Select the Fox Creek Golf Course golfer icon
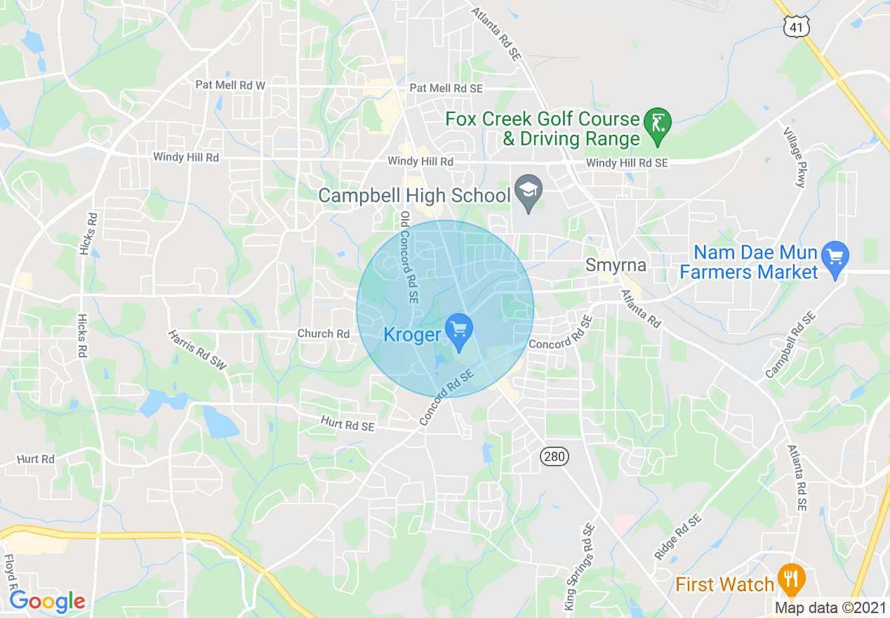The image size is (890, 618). [658, 124]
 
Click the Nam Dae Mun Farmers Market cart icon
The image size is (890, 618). [835, 257]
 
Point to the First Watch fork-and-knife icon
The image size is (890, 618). [792, 581]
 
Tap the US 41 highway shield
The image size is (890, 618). [797, 27]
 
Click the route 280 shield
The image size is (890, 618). [554, 457]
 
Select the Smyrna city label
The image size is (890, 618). [616, 265]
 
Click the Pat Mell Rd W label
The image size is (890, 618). [230, 85]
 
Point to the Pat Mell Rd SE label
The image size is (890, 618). [446, 88]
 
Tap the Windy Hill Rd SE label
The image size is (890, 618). [627, 163]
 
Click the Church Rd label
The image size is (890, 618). [324, 334]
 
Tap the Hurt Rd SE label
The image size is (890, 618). [347, 423]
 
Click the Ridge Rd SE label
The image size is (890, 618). [678, 537]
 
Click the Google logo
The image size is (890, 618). [47, 602]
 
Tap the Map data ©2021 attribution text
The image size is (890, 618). [831, 607]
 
